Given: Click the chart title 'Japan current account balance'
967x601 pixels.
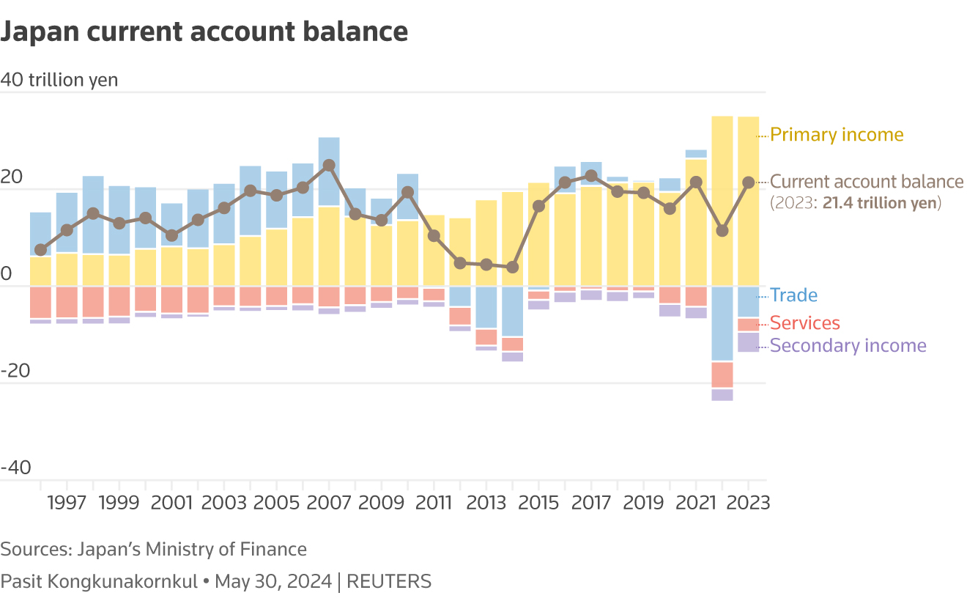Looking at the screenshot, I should (x=204, y=32).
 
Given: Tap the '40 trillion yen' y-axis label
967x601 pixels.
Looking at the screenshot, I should (x=59, y=80).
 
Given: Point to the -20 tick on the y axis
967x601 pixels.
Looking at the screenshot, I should (x=15, y=371).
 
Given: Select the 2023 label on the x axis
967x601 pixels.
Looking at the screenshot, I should (x=748, y=503).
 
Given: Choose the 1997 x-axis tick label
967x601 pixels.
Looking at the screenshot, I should (x=67, y=503).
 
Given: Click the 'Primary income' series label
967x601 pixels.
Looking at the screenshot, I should (x=837, y=135).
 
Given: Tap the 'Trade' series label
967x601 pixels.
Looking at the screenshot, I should (x=793, y=295).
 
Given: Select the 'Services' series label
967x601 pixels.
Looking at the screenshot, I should (x=804, y=323).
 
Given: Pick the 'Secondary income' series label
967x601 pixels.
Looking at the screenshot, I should (x=848, y=345).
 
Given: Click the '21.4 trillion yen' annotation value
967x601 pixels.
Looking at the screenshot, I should (x=881, y=203).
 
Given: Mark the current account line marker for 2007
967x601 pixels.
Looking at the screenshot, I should (x=329, y=166).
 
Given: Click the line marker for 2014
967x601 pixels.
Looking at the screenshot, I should (x=513, y=268).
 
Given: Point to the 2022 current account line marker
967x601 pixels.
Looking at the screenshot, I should (x=722, y=231).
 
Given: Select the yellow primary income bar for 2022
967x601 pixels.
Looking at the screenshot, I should (x=722, y=198).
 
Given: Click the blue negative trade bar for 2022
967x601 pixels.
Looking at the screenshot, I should (x=722, y=324).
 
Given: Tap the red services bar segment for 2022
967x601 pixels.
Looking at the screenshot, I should (x=722, y=375).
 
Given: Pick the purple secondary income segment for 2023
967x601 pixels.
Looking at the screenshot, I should (x=748, y=342).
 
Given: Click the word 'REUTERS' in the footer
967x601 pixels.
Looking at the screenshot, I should (x=388, y=582).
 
